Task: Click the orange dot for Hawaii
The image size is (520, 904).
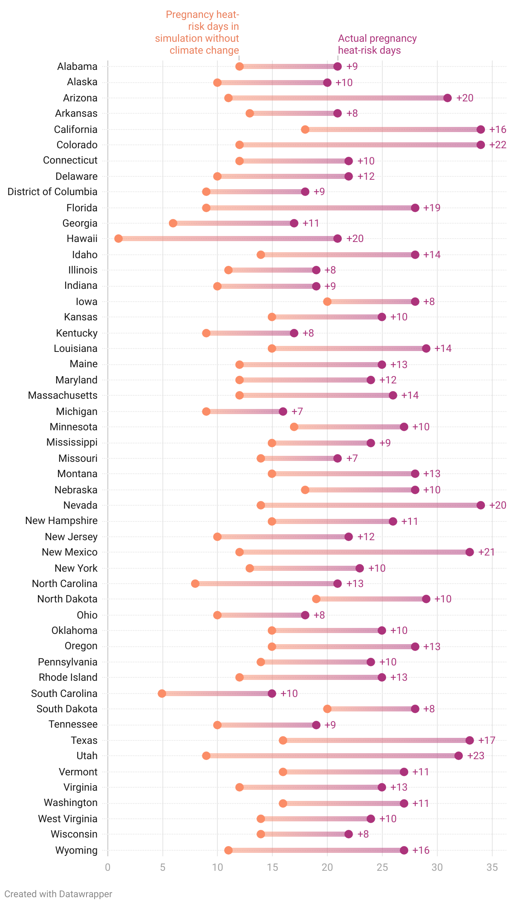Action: (x=118, y=239)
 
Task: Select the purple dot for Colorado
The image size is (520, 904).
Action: (x=481, y=145)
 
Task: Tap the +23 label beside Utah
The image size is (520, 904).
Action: (x=476, y=756)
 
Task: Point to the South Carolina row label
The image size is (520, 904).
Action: (x=64, y=694)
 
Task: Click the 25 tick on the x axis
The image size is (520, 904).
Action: (x=382, y=867)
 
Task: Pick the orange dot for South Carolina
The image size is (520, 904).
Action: (x=162, y=694)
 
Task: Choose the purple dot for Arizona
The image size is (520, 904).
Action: (x=448, y=98)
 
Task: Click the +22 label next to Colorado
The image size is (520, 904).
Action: (x=498, y=145)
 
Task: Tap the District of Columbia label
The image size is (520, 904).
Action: (x=52, y=192)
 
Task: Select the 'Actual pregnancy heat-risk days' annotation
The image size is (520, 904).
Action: (x=377, y=44)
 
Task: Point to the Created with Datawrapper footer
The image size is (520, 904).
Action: (x=58, y=894)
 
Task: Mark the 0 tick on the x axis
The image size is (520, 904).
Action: (x=108, y=867)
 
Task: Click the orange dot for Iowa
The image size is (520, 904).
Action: (x=327, y=302)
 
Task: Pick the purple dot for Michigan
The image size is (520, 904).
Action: (x=283, y=412)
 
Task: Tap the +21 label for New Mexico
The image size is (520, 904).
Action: (x=486, y=552)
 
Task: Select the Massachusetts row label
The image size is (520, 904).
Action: (x=63, y=395)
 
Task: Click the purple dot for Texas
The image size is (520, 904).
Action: (x=470, y=740)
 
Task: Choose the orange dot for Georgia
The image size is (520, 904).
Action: (x=173, y=223)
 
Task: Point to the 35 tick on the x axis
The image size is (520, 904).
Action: (x=492, y=867)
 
